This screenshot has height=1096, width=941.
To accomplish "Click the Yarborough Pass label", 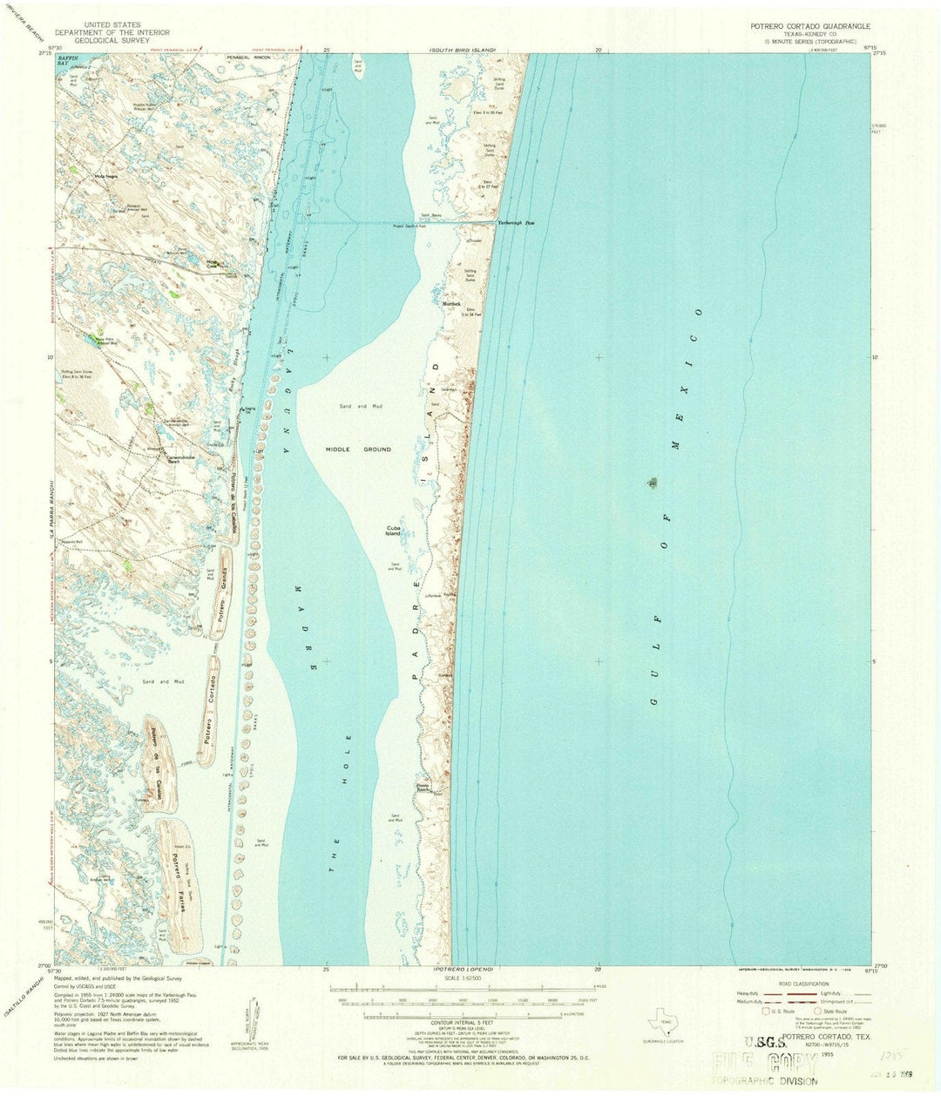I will (516, 224).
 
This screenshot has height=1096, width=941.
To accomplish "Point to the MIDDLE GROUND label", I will (358, 450).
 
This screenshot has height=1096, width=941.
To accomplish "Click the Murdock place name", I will (450, 303).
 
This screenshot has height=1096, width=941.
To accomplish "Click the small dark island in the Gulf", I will (653, 482).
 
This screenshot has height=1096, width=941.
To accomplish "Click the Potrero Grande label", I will (225, 592).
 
